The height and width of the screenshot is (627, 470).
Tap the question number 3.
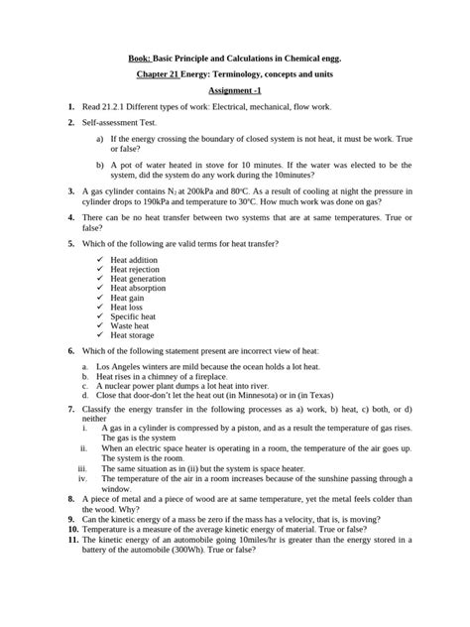tap(70, 187)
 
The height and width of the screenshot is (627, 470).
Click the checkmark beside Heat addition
tap(101, 259)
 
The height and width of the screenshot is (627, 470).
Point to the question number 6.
tap(70, 350)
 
